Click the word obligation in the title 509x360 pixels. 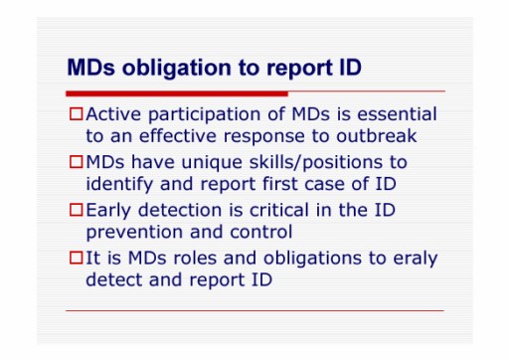[177, 69]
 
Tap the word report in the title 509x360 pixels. [299, 69]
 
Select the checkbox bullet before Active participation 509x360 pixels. [76, 113]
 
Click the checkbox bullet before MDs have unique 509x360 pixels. [76, 162]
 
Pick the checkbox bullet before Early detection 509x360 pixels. [76, 210]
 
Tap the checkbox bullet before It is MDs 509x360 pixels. [76, 258]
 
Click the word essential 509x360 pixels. [397, 113]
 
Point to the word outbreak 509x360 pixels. [377, 135]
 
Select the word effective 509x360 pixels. [178, 135]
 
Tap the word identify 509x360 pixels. [119, 184]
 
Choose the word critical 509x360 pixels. [279, 210]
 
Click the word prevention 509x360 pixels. [134, 233]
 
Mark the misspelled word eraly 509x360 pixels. [416, 259]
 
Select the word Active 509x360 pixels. [113, 113]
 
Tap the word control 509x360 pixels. [261, 232]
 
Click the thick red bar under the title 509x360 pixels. [177, 93]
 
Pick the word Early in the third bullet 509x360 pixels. [108, 211]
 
